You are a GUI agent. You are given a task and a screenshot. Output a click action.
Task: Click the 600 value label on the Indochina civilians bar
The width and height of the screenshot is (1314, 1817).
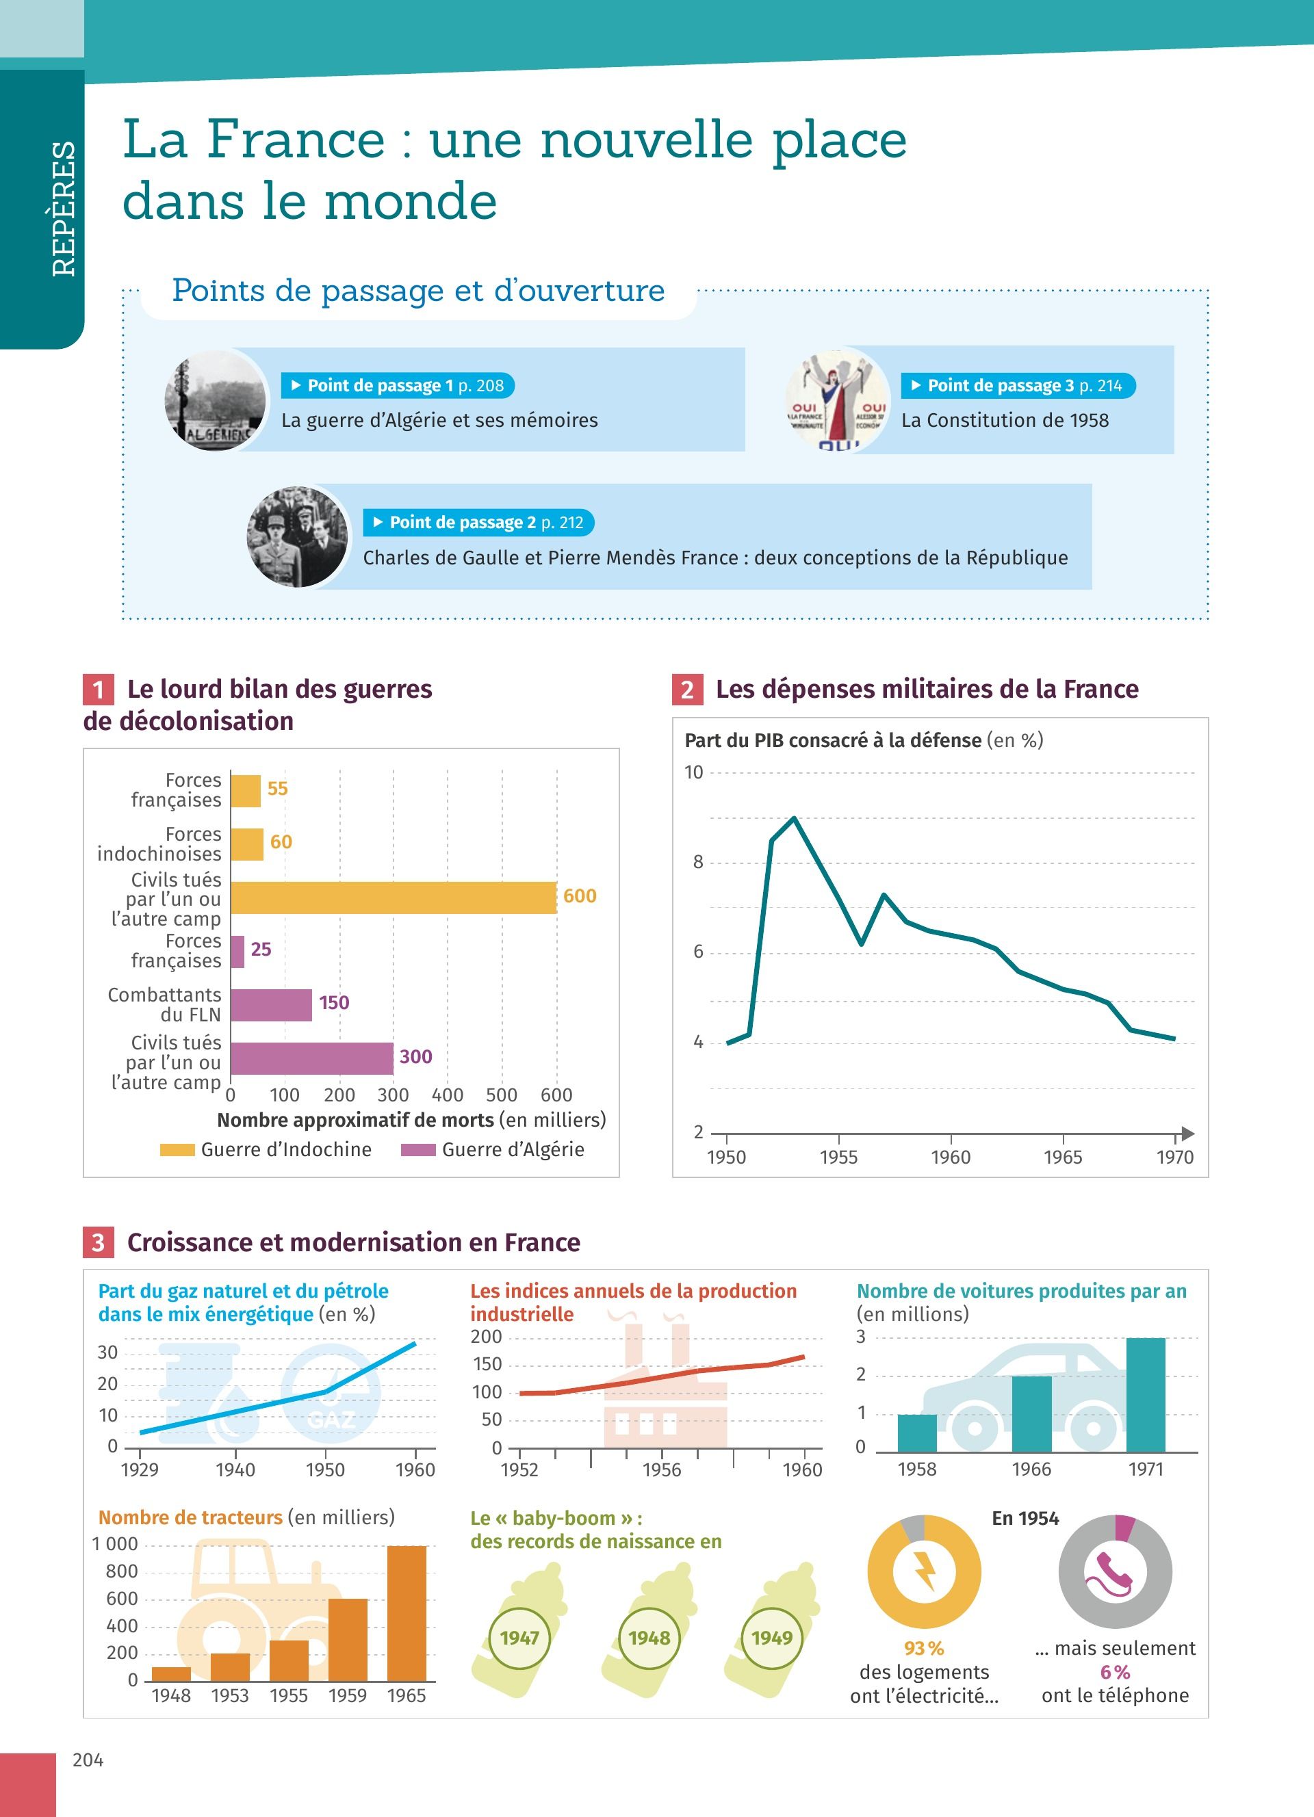(579, 896)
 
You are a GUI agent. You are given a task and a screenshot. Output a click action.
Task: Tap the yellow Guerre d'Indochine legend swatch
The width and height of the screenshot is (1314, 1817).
(177, 1149)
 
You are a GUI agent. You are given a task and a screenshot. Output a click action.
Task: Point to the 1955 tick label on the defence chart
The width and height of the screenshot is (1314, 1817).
(838, 1157)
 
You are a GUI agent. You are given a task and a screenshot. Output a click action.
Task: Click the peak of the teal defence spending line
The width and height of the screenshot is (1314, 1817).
(793, 818)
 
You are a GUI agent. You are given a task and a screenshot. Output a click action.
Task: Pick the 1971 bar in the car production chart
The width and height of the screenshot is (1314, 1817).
(1145, 1395)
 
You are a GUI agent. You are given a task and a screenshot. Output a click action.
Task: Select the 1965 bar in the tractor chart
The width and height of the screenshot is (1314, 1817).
(407, 1612)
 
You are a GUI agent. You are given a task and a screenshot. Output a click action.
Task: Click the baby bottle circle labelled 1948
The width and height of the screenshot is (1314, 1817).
(649, 1638)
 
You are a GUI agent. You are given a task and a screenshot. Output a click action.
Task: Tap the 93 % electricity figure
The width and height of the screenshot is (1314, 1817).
(924, 1648)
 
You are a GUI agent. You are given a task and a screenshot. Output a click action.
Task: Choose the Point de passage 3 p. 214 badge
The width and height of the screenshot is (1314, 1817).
(1018, 385)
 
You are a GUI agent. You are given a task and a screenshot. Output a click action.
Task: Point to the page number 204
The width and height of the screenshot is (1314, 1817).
(88, 1760)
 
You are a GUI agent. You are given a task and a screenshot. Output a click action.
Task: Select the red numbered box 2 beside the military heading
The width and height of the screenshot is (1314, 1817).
(686, 690)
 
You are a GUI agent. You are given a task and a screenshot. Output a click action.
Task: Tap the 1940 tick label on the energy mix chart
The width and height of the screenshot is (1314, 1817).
(235, 1469)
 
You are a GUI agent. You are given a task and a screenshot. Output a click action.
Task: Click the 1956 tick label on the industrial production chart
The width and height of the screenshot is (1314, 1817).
(661, 1469)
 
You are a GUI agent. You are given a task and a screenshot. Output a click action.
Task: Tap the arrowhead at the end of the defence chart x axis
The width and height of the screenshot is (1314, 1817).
(1187, 1134)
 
